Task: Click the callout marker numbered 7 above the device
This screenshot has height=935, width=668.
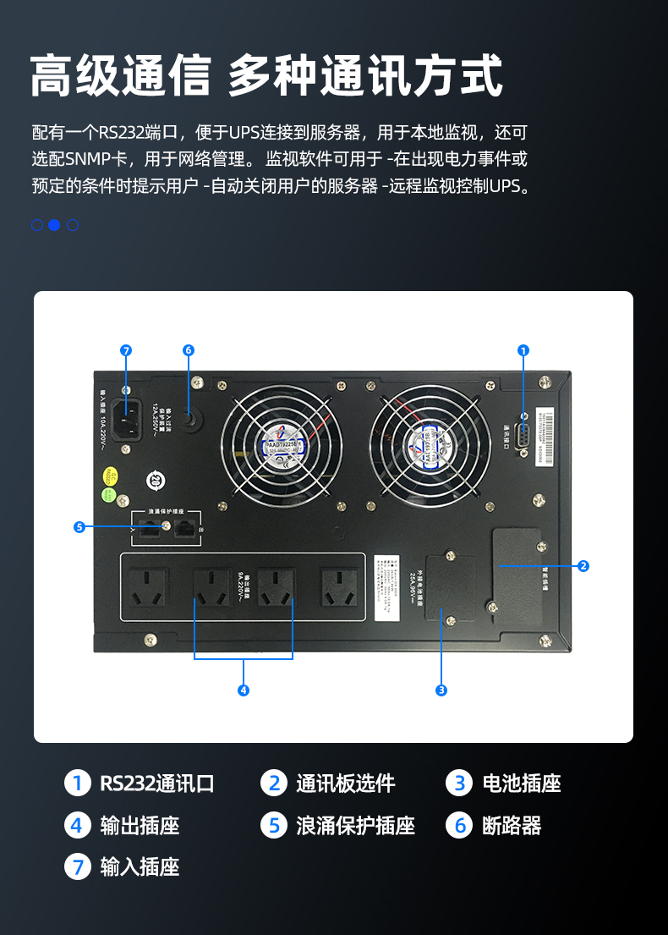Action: pos(126,350)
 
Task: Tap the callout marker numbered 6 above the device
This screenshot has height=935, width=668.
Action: pos(189,350)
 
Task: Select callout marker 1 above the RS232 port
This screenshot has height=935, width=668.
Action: pos(523,350)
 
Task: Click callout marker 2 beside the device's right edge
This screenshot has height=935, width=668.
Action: pos(583,566)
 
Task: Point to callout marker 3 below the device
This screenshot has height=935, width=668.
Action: pos(441,690)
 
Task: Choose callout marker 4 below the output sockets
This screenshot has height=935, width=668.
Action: pos(244,690)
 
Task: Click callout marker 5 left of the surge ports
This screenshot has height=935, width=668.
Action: pos(79,527)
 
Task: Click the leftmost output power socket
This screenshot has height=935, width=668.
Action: pos(149,586)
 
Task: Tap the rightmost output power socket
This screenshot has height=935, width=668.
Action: pos(339,586)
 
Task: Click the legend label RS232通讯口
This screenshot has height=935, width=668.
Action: pos(157,784)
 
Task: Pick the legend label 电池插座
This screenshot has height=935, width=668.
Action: pos(522,784)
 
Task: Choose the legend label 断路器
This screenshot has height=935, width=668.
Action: pos(512,826)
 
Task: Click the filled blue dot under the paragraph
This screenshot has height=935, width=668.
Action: pos(54,225)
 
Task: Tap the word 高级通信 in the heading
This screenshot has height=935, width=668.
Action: pos(120,76)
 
